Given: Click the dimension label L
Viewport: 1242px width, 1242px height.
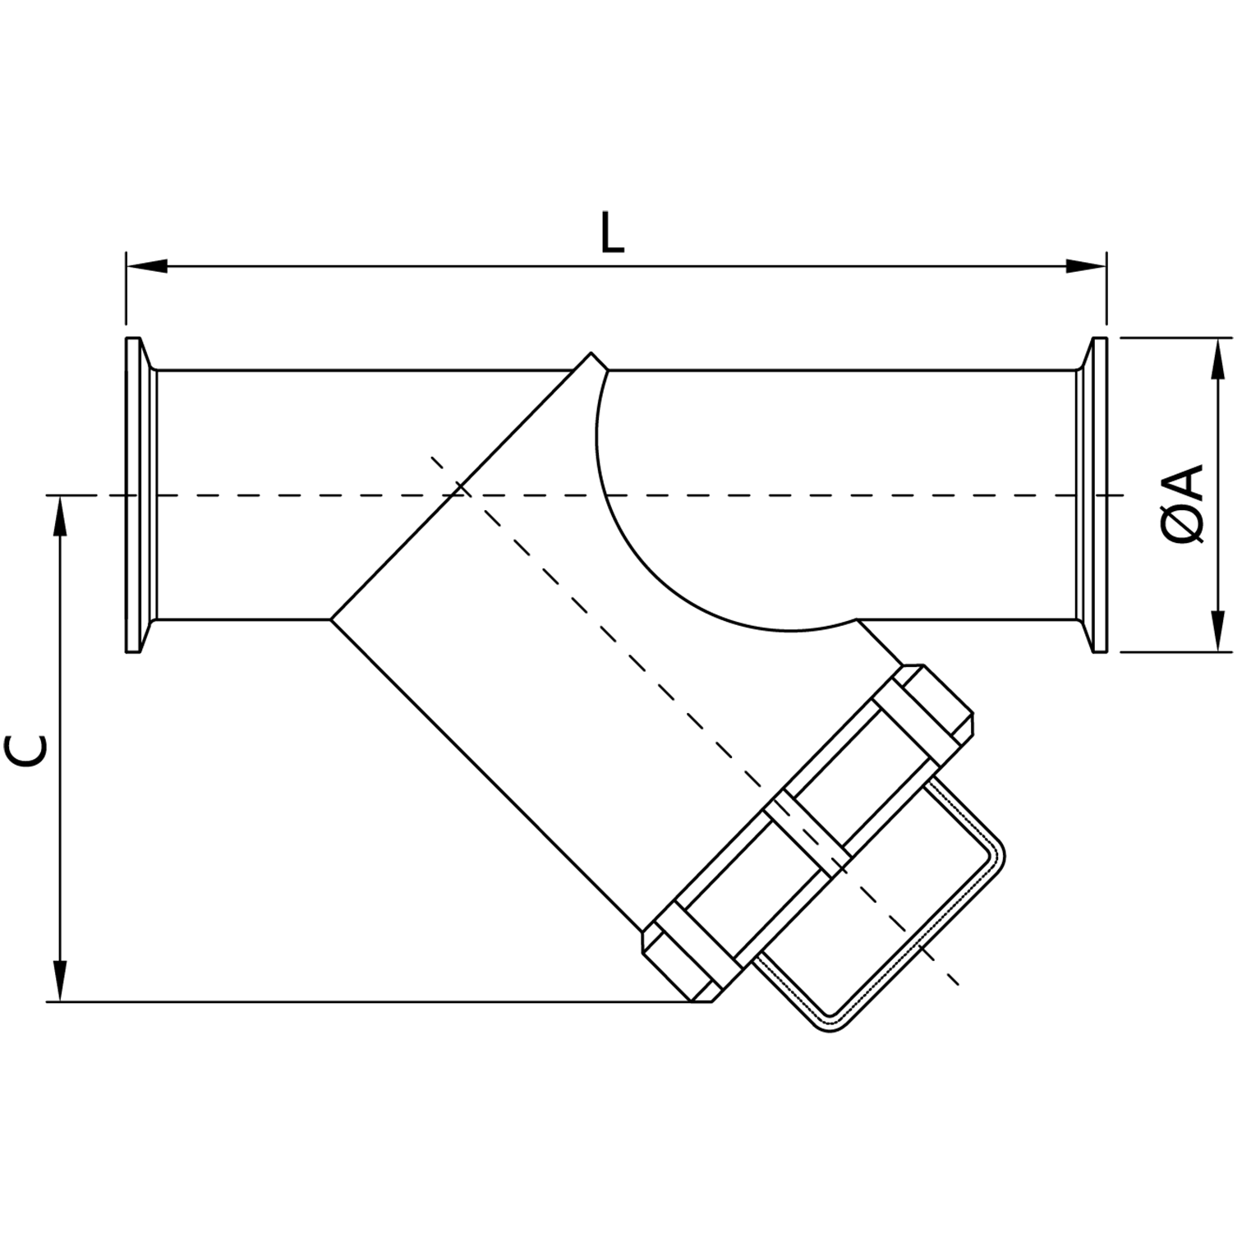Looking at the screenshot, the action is point(611,233).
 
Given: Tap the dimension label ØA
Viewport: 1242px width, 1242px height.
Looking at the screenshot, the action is point(1184,504).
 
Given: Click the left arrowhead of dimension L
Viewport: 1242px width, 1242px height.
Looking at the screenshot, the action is point(146,265).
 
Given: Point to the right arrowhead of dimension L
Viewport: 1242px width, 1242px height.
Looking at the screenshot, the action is point(1086,265).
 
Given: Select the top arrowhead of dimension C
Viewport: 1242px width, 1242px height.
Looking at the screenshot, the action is point(59,517).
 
